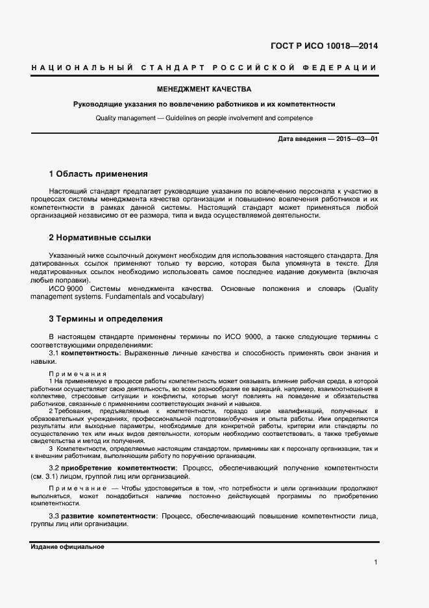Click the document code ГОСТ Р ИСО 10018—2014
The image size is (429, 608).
323,46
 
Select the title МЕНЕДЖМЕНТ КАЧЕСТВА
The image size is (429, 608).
204,90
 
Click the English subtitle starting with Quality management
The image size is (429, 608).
204,118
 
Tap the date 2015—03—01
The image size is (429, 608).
357,140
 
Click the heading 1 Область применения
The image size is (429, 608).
99,174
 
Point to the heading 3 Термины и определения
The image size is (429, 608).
101,319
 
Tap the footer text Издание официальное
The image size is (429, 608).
67,547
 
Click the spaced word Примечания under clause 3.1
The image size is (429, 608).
78,374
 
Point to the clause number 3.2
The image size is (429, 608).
55,468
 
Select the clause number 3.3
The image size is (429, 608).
55,516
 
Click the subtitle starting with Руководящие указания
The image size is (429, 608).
204,104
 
